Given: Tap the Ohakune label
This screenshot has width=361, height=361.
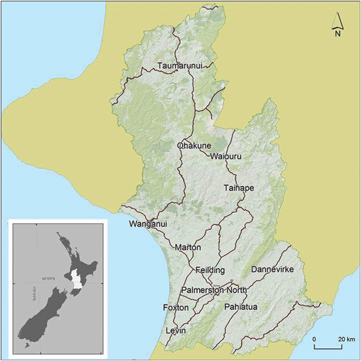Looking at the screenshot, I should click(x=193, y=146).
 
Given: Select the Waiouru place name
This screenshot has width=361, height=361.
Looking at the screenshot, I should click(x=227, y=156).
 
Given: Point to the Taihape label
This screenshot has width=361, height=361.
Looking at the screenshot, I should click(x=238, y=188).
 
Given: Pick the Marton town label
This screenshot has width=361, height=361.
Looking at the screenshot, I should click(x=188, y=248).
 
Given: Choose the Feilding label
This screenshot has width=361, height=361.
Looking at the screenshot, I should click(x=210, y=270).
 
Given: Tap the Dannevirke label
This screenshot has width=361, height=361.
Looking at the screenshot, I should click(x=273, y=269).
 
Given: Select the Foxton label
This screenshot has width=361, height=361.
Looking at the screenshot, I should click(x=176, y=307).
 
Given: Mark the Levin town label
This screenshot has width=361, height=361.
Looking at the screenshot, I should click(x=176, y=332).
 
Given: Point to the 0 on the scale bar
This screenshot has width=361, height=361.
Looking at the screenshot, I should click(x=315, y=340).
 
